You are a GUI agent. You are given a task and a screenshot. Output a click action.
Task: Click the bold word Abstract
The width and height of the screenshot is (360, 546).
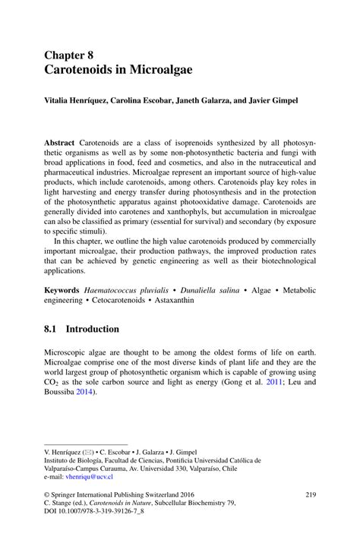pos(63,143)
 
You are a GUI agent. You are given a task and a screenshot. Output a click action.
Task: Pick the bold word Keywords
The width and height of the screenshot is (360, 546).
pos(65,291)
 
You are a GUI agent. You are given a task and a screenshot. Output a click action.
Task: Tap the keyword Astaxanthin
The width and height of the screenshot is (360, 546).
pos(172,301)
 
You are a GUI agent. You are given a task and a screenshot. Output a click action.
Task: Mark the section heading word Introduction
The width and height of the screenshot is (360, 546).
pos(93,330)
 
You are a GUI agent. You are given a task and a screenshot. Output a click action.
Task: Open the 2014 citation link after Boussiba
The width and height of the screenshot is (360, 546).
pos(81,404)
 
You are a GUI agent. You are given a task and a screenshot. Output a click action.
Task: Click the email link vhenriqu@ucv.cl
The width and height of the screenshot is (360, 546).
pos(89,478)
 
